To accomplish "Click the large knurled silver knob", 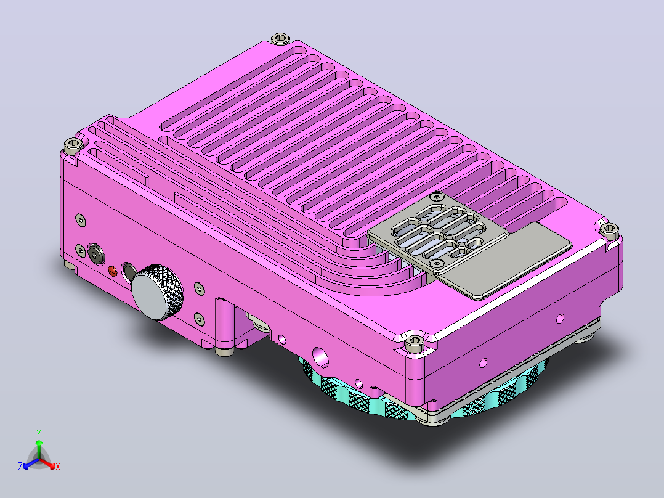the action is (158, 292).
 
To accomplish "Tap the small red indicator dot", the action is (113, 271).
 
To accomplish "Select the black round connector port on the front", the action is (96, 254).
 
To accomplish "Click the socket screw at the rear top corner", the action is (280, 39).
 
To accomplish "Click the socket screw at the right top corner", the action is (609, 229).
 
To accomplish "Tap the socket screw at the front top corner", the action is (415, 341).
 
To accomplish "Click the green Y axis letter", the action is (39, 433).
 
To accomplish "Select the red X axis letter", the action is (58, 467).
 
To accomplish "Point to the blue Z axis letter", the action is (20, 467).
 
